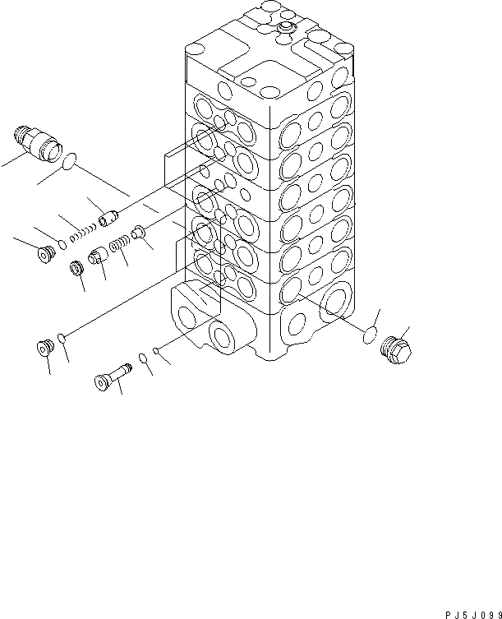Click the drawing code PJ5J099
460,604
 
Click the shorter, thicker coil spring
120,244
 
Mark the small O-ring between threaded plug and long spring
62,243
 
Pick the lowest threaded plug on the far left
43,349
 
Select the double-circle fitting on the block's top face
285,30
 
